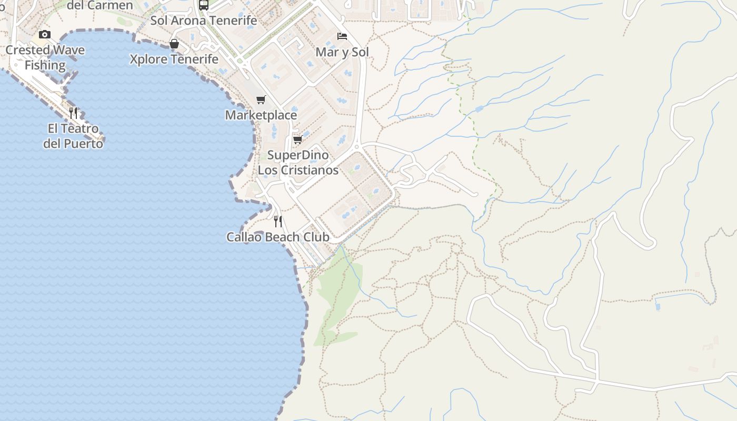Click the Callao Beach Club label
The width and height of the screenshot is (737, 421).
point(278,237)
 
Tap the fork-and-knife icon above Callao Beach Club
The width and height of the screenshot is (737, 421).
point(278,221)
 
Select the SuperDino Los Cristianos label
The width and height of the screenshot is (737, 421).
point(298,163)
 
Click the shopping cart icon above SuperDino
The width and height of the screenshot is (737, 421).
point(297,139)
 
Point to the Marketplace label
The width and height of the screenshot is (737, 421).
point(261,115)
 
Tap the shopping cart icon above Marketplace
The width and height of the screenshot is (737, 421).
point(261,99)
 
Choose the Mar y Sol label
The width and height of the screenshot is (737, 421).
point(342,52)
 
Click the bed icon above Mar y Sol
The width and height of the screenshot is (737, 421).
point(342,36)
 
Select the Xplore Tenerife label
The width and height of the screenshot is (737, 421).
point(174,59)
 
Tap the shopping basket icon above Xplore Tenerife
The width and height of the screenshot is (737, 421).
point(174,44)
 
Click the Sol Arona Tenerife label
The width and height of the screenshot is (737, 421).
point(204,21)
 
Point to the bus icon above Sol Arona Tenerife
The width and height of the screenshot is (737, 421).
point(204,5)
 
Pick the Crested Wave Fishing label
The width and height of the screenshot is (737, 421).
point(45,58)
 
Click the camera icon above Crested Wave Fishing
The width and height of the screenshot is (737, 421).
point(45,35)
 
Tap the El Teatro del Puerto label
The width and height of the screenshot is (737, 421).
point(73,136)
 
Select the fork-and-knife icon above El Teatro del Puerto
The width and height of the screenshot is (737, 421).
point(73,113)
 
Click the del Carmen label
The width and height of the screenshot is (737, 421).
point(101,5)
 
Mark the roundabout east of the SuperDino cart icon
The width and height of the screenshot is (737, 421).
point(357,147)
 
